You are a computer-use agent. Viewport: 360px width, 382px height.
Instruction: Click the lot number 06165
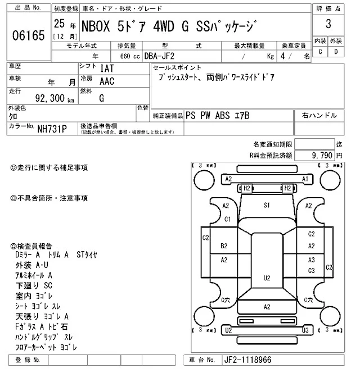[29, 35]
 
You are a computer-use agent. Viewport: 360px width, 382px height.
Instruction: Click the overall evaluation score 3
[328, 24]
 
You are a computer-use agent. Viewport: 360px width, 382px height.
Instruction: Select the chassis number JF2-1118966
[247, 360]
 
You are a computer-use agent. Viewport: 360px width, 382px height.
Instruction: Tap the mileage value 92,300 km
[55, 98]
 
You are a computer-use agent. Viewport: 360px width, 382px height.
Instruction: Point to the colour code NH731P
[52, 129]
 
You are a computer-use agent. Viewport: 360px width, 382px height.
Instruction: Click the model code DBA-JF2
[159, 56]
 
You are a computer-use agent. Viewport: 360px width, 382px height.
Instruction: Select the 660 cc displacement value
[130, 57]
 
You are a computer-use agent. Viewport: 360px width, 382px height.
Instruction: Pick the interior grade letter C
[320, 52]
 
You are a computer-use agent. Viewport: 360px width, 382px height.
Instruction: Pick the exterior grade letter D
[336, 52]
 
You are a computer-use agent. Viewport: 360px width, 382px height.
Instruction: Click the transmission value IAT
[107, 69]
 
